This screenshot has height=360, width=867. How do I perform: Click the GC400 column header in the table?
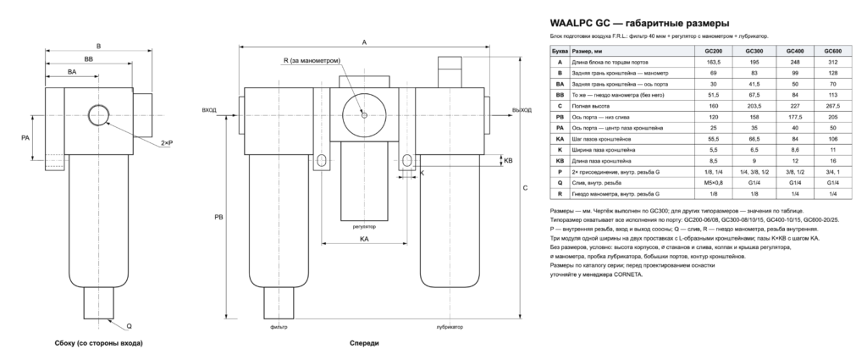[794, 51]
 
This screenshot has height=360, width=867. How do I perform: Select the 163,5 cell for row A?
[713, 62]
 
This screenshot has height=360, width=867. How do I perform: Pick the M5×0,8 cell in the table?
[713, 183]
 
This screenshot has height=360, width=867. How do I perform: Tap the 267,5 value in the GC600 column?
[833, 106]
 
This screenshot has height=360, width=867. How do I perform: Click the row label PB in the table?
[560, 117]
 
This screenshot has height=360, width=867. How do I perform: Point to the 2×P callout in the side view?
[167, 142]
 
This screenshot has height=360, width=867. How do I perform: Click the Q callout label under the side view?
[129, 326]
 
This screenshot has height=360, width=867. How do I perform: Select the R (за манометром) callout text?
[312, 60]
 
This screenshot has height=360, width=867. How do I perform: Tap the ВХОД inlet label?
[209, 110]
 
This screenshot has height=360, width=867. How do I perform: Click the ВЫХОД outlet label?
[522, 110]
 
